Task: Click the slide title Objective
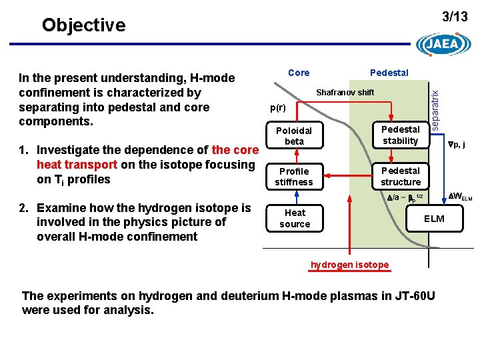(x=83, y=25)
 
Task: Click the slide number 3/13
(x=455, y=17)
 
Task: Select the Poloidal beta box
(x=294, y=136)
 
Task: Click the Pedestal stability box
(x=400, y=135)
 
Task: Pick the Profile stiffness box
(x=293, y=177)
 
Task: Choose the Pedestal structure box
(x=400, y=176)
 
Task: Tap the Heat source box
(x=295, y=218)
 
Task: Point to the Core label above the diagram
(x=299, y=73)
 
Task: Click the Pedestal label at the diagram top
(x=389, y=73)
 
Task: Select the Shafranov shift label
(x=345, y=93)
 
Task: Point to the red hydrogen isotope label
(x=349, y=265)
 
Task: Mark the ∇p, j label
(x=455, y=143)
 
